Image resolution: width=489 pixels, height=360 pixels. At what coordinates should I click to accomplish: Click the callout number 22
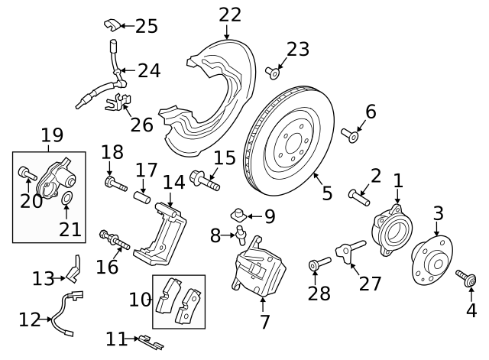pos(229,15)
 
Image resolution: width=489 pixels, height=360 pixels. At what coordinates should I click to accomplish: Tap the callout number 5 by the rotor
pos(327,193)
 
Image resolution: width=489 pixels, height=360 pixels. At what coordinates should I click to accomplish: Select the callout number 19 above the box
pos(52,136)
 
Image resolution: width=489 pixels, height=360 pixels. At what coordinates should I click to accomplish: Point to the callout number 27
pos(370,283)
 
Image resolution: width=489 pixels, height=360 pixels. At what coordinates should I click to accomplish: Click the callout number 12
pos(29,319)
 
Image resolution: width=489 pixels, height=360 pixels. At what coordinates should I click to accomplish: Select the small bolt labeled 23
pos(271,73)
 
